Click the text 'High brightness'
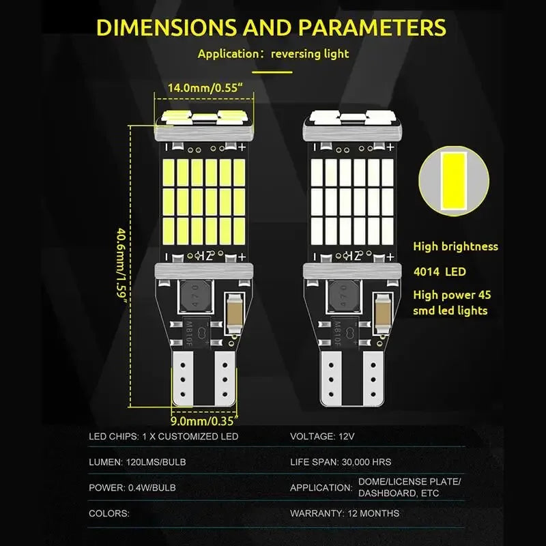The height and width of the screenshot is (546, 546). pyautogui.click(x=455, y=246)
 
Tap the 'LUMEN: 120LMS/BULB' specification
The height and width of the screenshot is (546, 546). pyautogui.click(x=137, y=462)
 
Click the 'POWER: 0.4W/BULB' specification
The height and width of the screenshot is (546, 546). pyautogui.click(x=132, y=488)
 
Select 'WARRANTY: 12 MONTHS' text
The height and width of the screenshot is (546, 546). pyautogui.click(x=345, y=513)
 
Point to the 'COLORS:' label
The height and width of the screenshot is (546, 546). pyautogui.click(x=109, y=513)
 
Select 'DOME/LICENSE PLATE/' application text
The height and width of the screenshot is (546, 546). pyautogui.click(x=409, y=482)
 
